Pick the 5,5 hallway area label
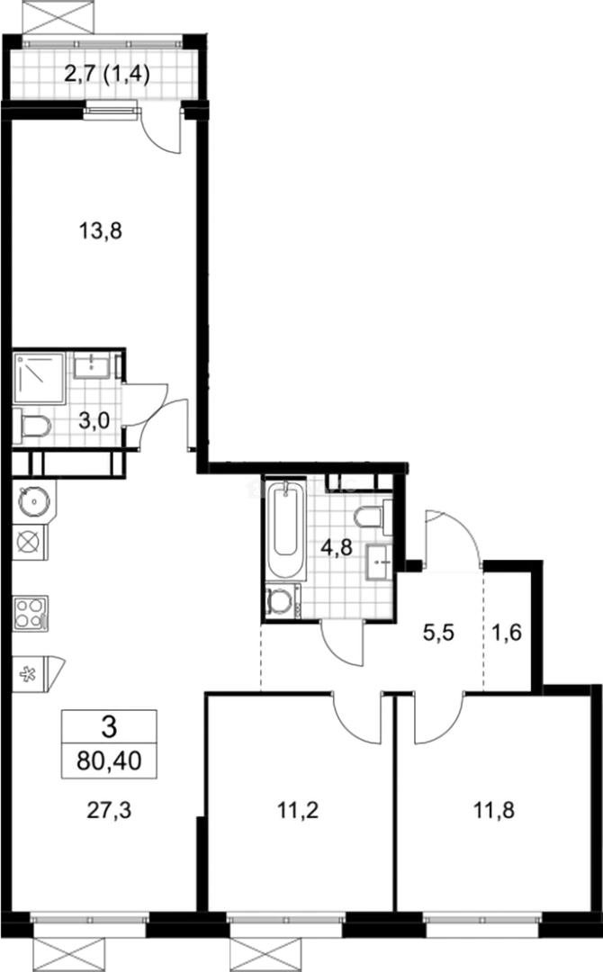click(x=438, y=631)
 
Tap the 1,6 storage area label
click(x=508, y=631)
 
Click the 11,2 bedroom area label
click(x=296, y=808)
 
